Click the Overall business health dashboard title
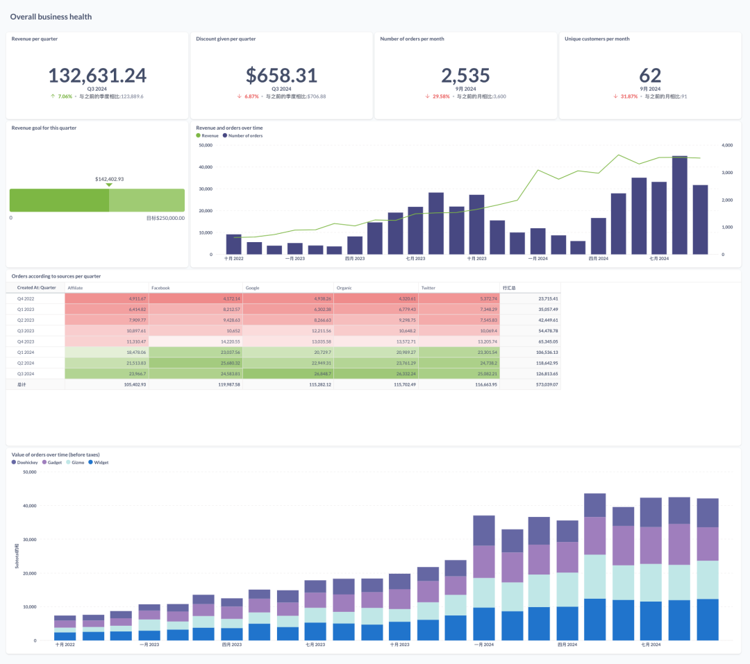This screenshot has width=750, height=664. [51, 17]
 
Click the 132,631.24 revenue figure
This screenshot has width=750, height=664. [97, 75]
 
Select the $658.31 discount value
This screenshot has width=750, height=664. [281, 75]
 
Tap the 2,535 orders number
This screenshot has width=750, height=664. [465, 75]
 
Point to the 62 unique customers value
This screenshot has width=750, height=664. [650, 75]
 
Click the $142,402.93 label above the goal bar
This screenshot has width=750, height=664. [109, 179]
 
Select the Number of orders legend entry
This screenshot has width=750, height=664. [245, 135]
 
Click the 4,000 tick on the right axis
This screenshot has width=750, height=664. [727, 145]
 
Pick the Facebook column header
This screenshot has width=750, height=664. [160, 287]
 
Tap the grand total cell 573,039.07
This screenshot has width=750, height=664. [546, 384]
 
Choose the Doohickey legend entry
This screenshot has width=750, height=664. [28, 462]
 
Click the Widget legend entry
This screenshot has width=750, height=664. [101, 462]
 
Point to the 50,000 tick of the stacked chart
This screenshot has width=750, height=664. [29, 473]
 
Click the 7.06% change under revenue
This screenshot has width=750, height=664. [65, 96]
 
